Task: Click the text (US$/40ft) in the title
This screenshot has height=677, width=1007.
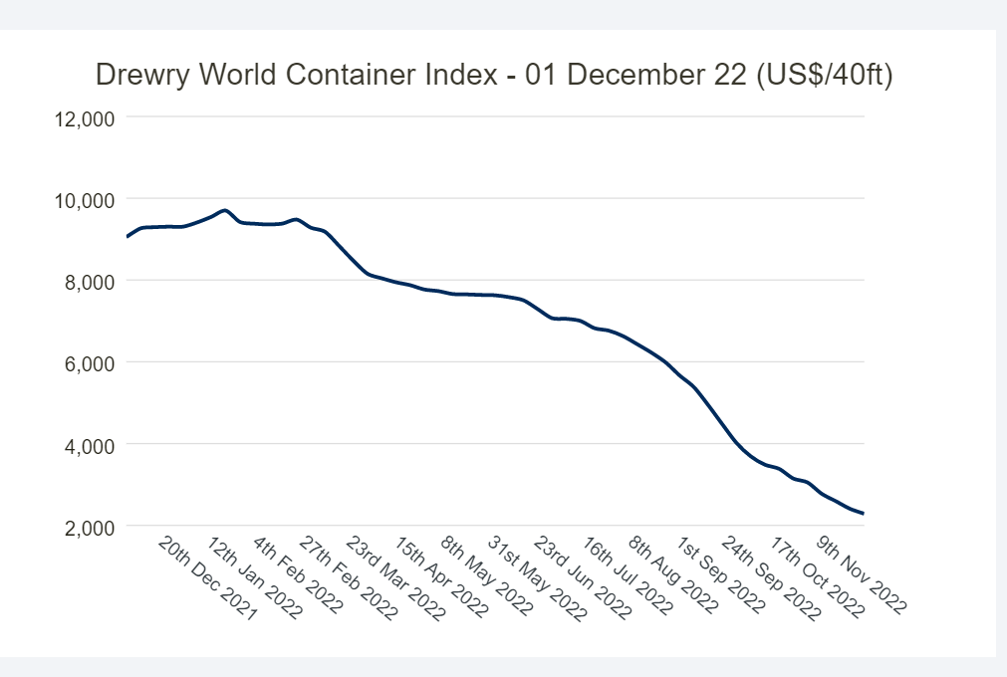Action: click(x=824, y=76)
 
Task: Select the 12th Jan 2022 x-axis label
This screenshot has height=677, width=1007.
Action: click(x=255, y=579)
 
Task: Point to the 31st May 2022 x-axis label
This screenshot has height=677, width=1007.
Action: click(x=538, y=579)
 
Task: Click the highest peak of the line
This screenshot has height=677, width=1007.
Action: click(x=225, y=210)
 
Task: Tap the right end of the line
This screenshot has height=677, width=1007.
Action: click(x=864, y=514)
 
